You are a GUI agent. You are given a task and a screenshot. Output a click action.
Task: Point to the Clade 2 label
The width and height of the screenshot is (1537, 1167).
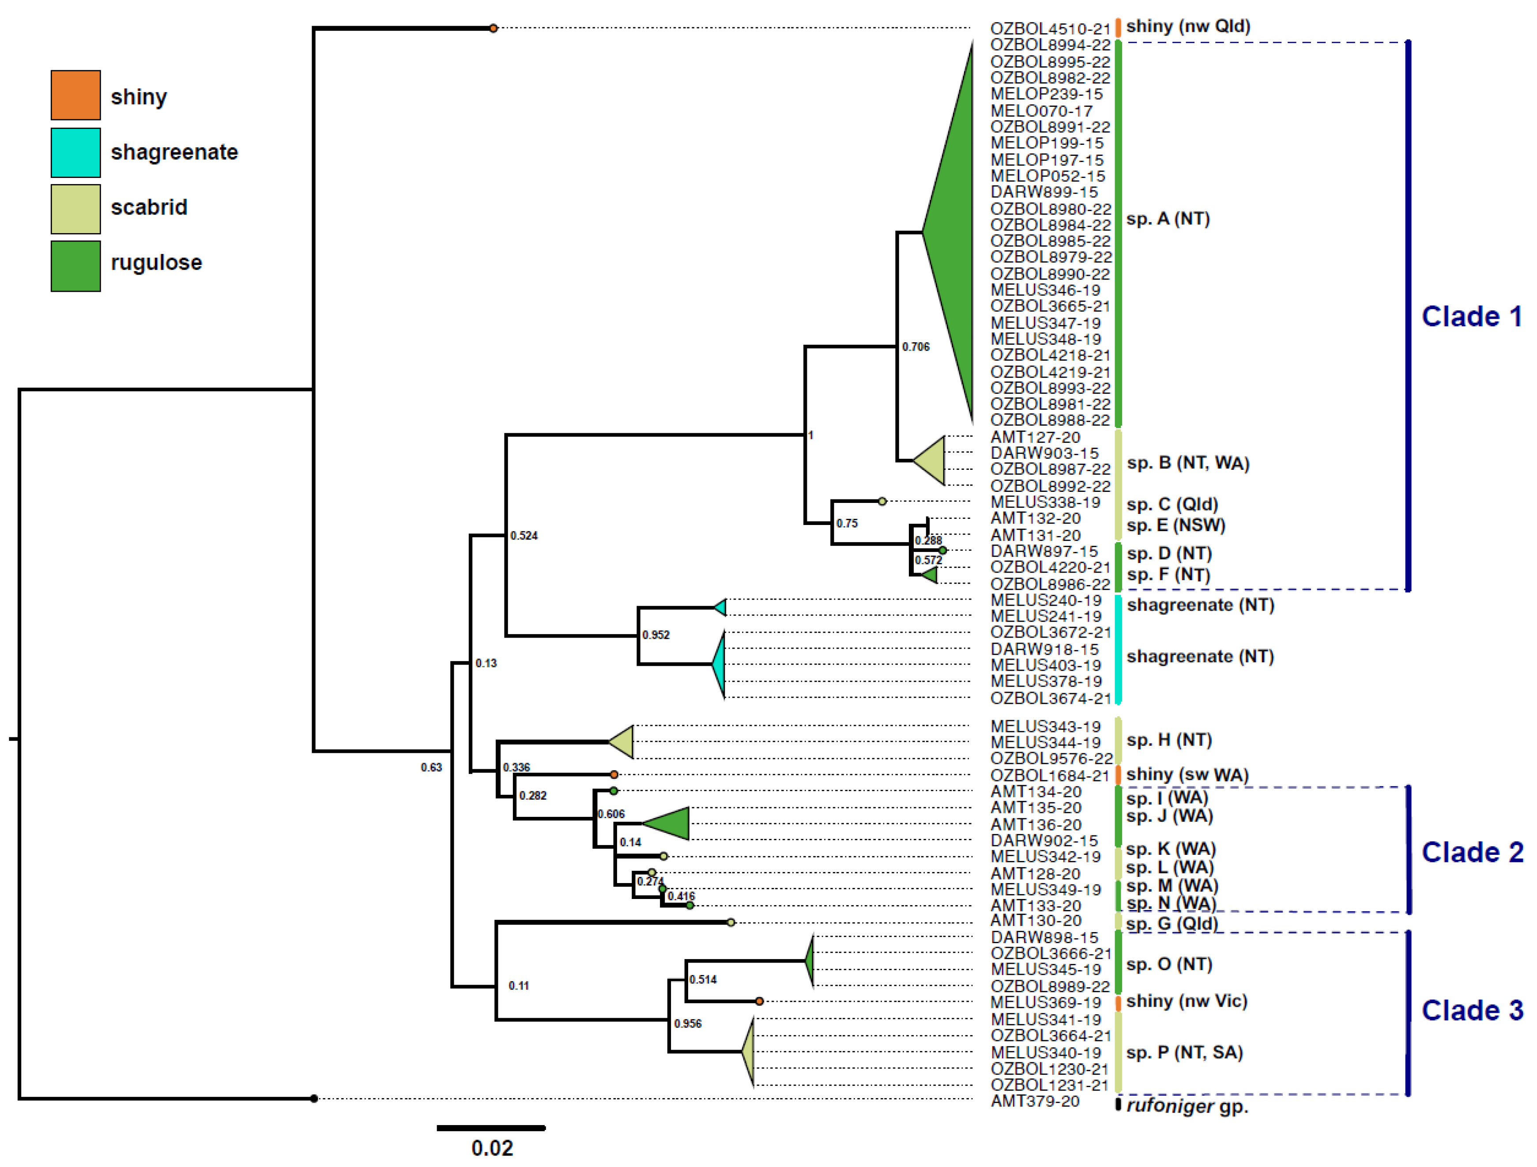pyautogui.click(x=1472, y=852)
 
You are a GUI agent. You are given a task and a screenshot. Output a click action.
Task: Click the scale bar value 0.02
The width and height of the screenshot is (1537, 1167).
pyautogui.click(x=492, y=1148)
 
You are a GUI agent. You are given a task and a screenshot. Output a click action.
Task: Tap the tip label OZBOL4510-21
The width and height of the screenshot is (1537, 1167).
pyautogui.click(x=1050, y=29)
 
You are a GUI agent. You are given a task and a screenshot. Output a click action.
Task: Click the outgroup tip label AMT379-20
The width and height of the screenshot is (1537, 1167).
pyautogui.click(x=1035, y=1101)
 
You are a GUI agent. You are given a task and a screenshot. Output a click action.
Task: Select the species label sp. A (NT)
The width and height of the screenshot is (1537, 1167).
pyautogui.click(x=1168, y=219)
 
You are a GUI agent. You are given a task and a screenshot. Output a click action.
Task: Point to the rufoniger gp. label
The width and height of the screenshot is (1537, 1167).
pyautogui.click(x=1187, y=1106)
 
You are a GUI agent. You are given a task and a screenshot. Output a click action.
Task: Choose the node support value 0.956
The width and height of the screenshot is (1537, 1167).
pyautogui.click(x=687, y=1024)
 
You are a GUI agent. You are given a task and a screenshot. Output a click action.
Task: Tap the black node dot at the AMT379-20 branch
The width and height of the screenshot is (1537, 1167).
pyautogui.click(x=314, y=1099)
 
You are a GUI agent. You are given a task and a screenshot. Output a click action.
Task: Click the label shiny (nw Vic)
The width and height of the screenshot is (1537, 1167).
pyautogui.click(x=1186, y=1001)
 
